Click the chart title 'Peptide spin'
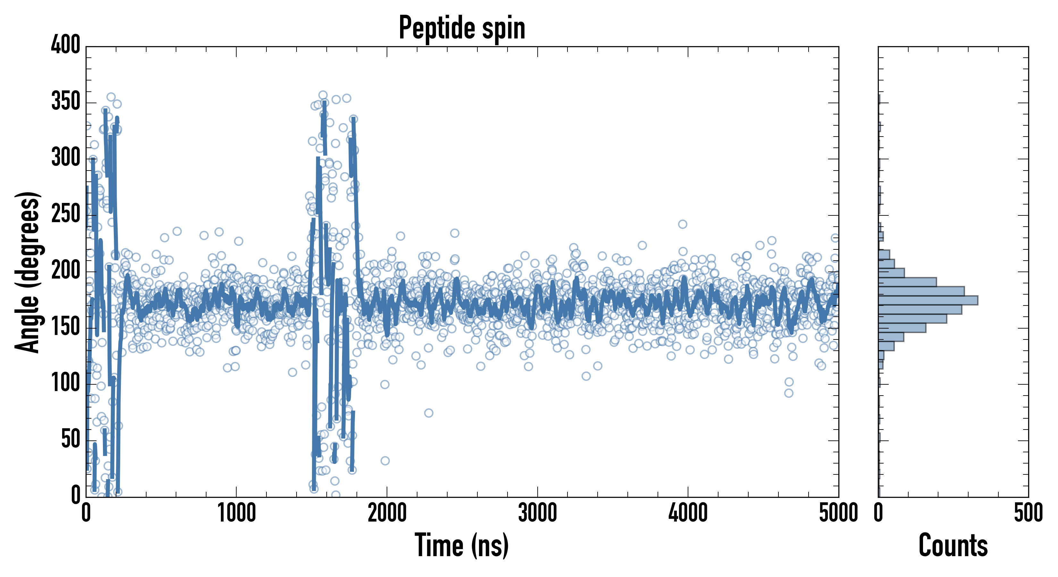[462, 28]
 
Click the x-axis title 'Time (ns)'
[462, 545]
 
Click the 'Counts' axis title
[953, 545]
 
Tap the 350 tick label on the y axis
[65, 101]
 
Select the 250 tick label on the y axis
[65, 214]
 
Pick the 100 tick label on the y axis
[65, 383]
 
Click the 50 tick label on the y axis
[70, 439]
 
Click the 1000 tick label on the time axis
[236, 513]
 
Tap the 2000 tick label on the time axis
[387, 513]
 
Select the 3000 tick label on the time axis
[537, 513]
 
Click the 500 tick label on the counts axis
[1028, 513]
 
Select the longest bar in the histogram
[928, 300]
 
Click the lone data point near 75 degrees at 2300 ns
[428, 413]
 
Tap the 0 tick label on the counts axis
[878, 513]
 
